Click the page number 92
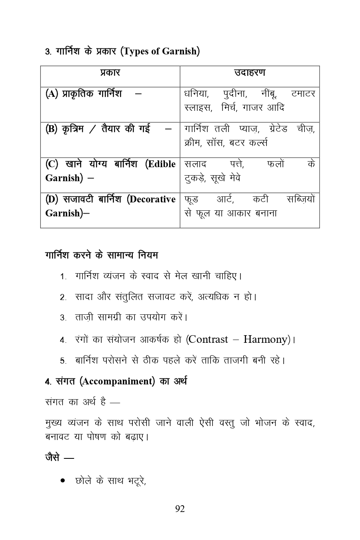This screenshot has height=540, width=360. [x=180, y=509]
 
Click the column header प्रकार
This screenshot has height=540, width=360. [x=110, y=73]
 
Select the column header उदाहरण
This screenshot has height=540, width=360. [x=250, y=73]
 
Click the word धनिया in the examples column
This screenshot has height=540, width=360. [x=196, y=94]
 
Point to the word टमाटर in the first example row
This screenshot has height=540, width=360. [x=303, y=94]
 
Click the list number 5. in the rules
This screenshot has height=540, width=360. [x=63, y=361]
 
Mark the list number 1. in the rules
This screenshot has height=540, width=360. [x=63, y=277]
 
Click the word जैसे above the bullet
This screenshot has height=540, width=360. [x=53, y=457]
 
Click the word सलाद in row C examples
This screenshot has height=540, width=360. [x=196, y=164]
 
